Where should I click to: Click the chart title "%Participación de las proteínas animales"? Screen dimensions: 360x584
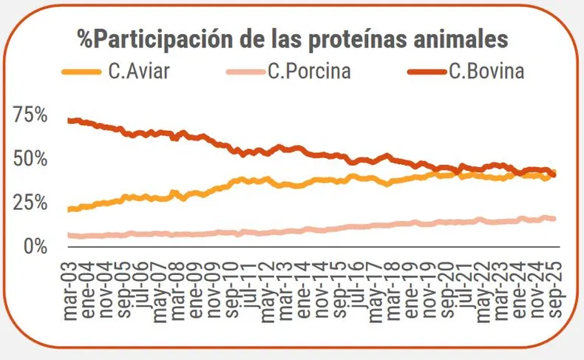pos(293,38)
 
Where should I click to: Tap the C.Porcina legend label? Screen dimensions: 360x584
pos(309,72)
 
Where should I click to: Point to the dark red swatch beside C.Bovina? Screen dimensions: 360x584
pos(426,72)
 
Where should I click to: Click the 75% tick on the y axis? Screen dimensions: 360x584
pos(31,115)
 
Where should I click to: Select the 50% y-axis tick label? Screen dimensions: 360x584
pos(31,159)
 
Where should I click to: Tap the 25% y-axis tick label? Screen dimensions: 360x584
pos(31,203)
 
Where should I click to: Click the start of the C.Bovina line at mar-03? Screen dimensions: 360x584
pos(69,120)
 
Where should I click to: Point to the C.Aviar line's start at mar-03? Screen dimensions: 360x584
pos(69,210)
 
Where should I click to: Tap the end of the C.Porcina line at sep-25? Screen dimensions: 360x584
pos(554,219)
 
